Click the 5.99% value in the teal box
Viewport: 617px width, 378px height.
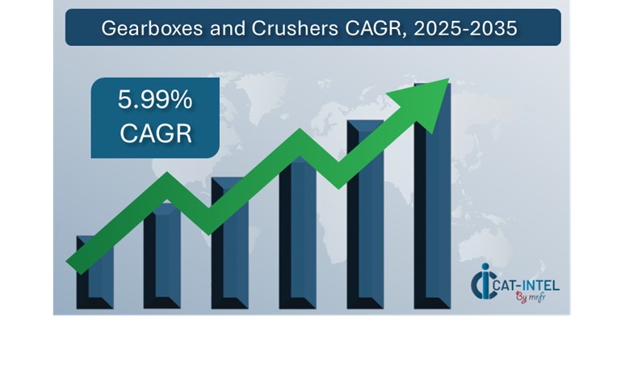pyautogui.click(x=155, y=100)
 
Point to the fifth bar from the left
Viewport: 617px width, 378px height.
pyautogui.click(x=365, y=218)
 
